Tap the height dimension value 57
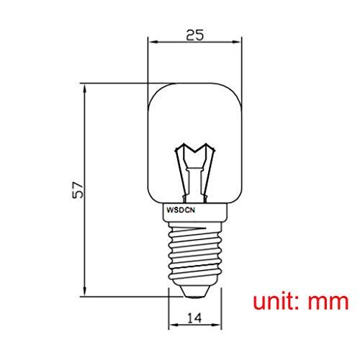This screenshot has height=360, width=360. click(79, 189)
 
